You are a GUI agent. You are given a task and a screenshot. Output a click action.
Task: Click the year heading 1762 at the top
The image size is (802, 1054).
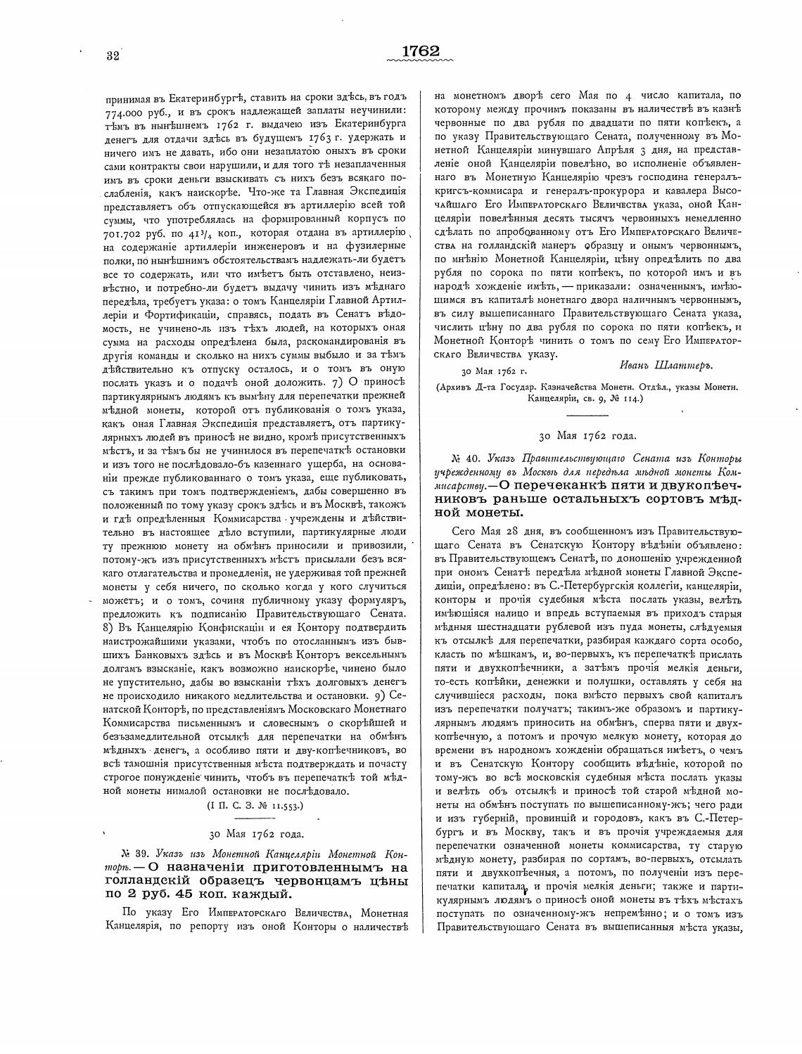click(x=421, y=51)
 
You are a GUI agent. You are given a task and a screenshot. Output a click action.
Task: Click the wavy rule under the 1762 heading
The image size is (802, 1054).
click(x=421, y=62)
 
